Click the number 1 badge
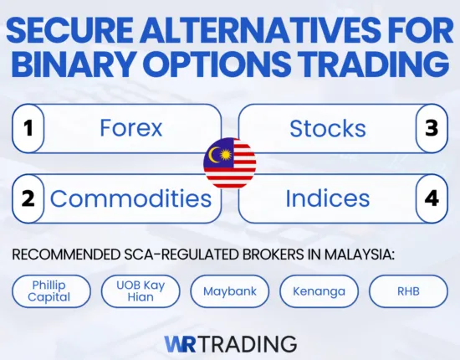tap(28, 128)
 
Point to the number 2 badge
tap(28, 198)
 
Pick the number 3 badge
tap(432, 128)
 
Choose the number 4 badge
tap(432, 198)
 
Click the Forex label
tap(130, 128)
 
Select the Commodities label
tap(130, 198)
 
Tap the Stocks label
tap(327, 128)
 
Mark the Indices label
tap(327, 198)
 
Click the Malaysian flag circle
tap(230, 163)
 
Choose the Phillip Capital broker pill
tap(52, 291)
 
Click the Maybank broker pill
tap(229, 291)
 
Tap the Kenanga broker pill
tap(319, 291)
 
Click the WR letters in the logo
tap(181, 342)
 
